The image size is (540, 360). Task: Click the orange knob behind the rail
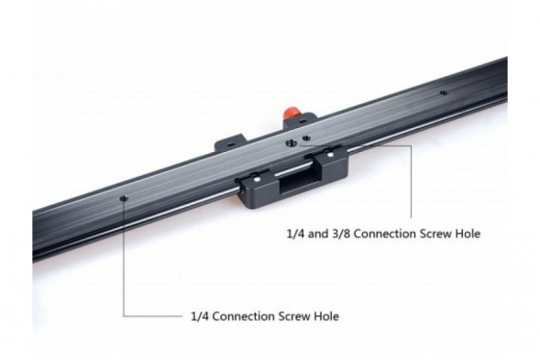[x=290, y=113]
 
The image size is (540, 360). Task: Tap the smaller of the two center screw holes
[x=306, y=138]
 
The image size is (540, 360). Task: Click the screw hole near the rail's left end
[x=124, y=198]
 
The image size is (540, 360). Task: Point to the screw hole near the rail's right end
[x=444, y=93]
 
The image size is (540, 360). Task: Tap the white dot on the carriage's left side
[x=257, y=180]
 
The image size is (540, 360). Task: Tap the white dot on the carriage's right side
[x=330, y=155]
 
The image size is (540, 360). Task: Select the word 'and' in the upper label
[x=318, y=234]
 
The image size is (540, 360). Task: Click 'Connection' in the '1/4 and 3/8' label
[x=385, y=234]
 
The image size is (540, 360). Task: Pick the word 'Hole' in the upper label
[x=468, y=234]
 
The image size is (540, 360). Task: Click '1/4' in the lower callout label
[x=200, y=316]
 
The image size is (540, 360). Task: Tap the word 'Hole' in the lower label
[x=326, y=317]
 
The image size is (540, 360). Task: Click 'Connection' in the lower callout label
[x=243, y=317]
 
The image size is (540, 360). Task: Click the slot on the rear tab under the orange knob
[x=303, y=121]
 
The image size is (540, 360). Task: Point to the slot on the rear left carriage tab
[x=230, y=144]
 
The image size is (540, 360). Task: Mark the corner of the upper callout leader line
[x=411, y=146]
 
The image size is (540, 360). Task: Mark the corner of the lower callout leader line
[x=124, y=316]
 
